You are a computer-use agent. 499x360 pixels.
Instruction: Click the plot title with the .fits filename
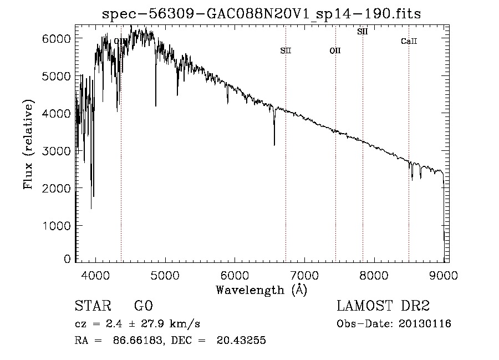tap(262, 14)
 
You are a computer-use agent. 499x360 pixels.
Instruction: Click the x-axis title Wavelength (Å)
tap(261, 290)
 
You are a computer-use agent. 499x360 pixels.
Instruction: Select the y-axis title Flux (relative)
tap(28, 144)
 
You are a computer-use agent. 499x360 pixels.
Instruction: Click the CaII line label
tap(409, 41)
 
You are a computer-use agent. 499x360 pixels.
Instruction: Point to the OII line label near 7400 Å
tap(335, 50)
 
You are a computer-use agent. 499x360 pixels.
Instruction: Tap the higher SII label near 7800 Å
tap(363, 32)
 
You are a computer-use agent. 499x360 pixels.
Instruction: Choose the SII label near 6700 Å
tap(286, 50)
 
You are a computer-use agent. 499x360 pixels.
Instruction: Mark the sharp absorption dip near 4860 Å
tap(156, 103)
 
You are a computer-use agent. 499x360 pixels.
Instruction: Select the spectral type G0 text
tap(143, 306)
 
